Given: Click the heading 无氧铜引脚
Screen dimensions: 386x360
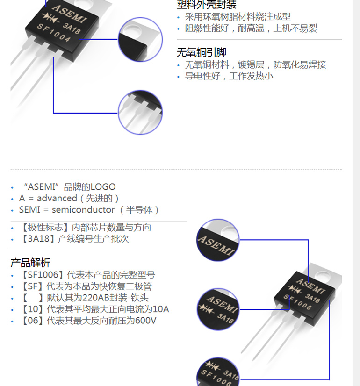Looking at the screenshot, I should click(x=202, y=52).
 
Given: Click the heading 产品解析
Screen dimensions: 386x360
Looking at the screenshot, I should click(x=30, y=262).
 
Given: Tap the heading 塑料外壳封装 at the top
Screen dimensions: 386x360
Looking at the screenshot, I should click(x=206, y=5).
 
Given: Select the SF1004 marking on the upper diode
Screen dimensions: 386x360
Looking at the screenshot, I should click(x=54, y=33).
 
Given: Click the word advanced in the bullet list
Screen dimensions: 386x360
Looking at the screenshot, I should click(x=57, y=198).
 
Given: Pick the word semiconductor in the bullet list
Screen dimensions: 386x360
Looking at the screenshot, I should click(x=83, y=210).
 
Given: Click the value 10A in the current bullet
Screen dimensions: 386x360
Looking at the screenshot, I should click(x=161, y=309).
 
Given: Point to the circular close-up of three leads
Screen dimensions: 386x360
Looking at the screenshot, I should click(x=140, y=112).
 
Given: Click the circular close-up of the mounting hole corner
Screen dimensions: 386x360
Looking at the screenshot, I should click(x=140, y=39).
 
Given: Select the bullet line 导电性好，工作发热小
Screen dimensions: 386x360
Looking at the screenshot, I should click(x=229, y=76).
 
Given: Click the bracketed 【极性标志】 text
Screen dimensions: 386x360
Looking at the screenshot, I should click(x=45, y=228).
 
